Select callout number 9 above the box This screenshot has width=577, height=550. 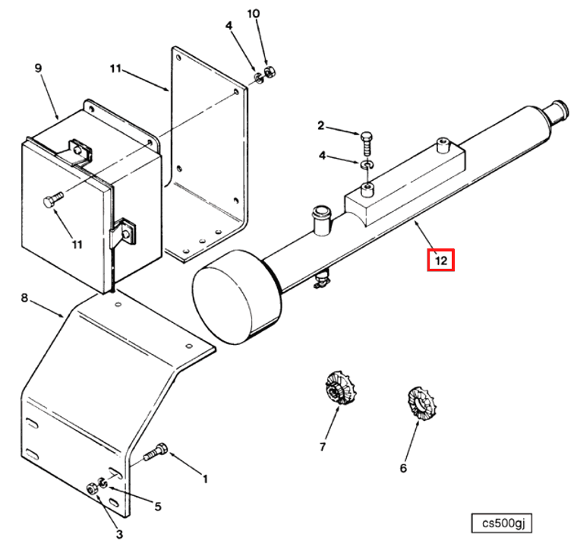pos(38,68)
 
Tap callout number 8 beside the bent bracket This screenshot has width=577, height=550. pos(24,299)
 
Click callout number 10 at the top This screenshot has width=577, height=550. pos(254,14)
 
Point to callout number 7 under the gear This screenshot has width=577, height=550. pos(322,447)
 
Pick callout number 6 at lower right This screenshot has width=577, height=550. pos(403,468)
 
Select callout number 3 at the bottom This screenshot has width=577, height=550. pos(119,534)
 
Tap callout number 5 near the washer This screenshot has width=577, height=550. pos(158,506)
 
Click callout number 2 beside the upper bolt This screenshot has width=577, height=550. pos(321,125)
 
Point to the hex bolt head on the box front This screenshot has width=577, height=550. pos(50,202)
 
